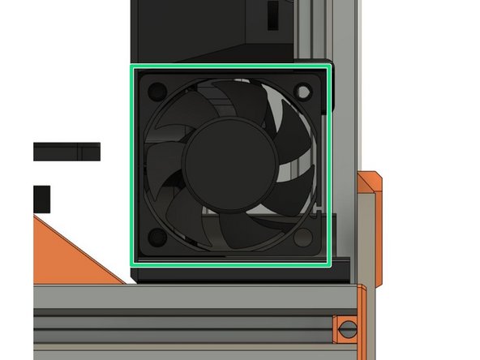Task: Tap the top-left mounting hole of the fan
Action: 157,89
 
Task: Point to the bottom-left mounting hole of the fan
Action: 156,237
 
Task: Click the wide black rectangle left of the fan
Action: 66,151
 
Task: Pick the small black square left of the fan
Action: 41,195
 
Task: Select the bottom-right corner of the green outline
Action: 329,264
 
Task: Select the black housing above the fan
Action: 211,32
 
